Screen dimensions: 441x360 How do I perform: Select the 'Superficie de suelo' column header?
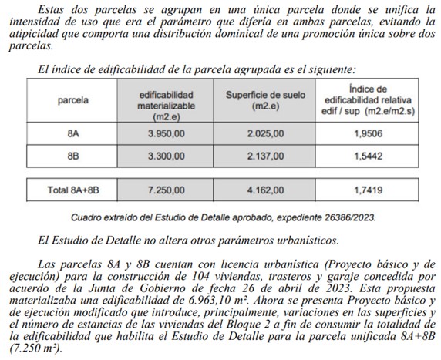pos(266,100)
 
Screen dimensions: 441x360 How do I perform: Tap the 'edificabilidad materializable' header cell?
pos(166,100)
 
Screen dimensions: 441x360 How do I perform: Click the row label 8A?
pos(72,133)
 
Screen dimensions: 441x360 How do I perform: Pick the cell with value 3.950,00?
pos(166,133)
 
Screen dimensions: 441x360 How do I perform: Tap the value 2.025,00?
pos(265,133)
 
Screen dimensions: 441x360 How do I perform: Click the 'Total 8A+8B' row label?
pos(73,187)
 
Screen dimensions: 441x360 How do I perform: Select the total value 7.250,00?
pos(166,187)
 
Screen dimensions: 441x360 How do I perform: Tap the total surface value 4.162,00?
pos(265,187)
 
